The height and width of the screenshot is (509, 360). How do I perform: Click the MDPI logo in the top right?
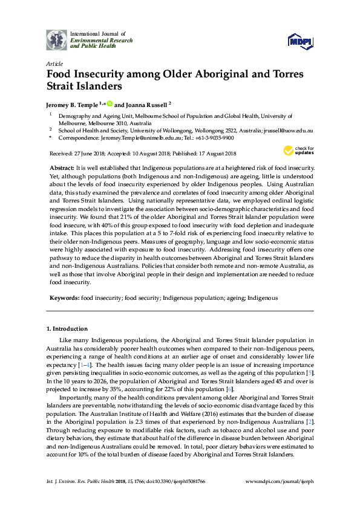pos(301,41)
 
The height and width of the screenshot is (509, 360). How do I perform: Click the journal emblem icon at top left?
pos(56,40)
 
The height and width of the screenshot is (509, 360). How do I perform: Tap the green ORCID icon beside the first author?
pos(109,103)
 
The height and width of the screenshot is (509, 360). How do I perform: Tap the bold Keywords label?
pos(64,297)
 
